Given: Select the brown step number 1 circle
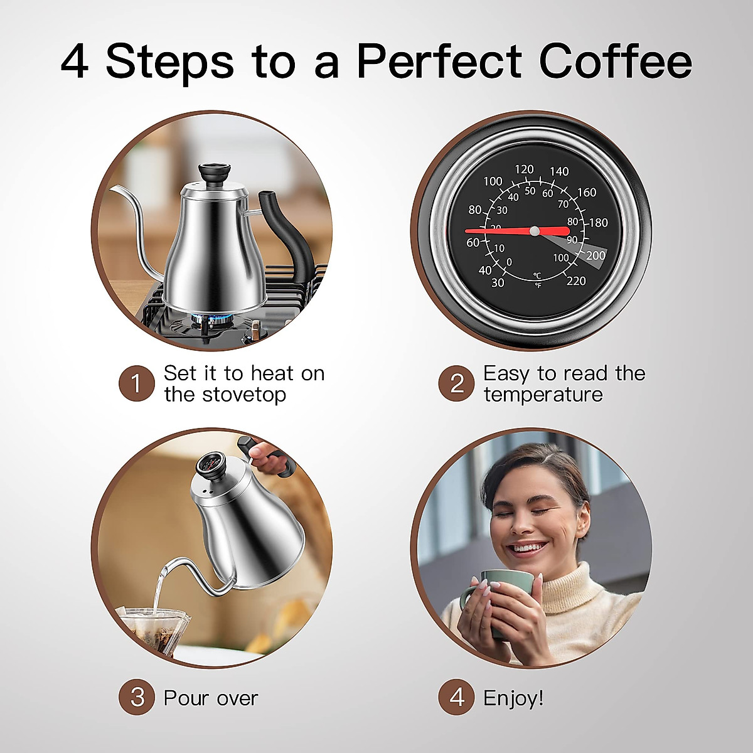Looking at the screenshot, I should coord(137,383).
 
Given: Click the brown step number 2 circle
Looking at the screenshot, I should coord(457,383).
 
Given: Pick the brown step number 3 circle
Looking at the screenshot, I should coord(137,697).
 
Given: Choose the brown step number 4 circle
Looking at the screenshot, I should coord(457,697).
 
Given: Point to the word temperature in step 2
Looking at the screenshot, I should coord(543,395).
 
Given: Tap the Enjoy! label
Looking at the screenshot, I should coord(513,698).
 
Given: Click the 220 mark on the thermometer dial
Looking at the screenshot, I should coord(575,280).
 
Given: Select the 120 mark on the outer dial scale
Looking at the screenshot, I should coord(524,169).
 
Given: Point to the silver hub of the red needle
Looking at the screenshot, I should coord(534,231).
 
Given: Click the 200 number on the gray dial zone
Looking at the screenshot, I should coord(595,255).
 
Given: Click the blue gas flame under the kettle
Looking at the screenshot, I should coord(207,321).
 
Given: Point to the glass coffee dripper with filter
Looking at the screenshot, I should coord(154,631).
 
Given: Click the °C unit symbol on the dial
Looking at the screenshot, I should coord(537,275).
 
